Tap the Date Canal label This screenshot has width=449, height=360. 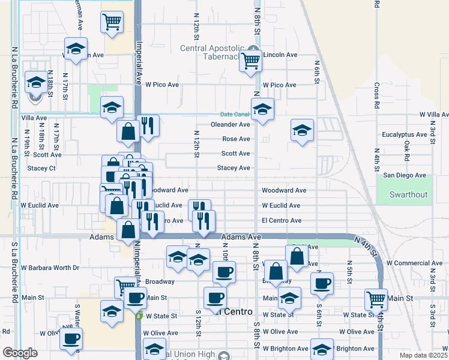tap(234, 114)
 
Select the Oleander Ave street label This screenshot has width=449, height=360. tap(230, 125)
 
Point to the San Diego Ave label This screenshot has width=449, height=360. tap(405, 175)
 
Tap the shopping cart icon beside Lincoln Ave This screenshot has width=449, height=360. tap(250, 60)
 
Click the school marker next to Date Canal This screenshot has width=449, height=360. tap(262, 110)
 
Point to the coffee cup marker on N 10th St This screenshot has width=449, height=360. tap(224, 272)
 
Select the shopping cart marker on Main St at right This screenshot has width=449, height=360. tap(376, 298)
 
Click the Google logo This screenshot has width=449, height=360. tap(20, 353)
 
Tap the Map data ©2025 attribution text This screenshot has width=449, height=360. tap(423, 355)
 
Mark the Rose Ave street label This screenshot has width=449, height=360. tap(236, 139)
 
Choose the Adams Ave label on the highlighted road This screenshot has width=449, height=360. tap(241, 238)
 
